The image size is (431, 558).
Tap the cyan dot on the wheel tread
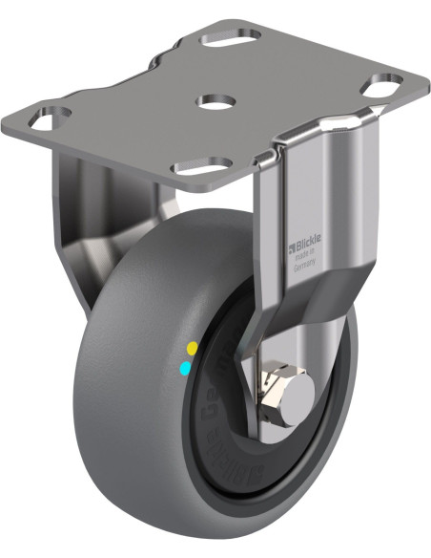pos(185,366)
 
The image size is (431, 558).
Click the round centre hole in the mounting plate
pos(213,99)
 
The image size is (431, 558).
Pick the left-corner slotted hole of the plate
pos(48,120)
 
